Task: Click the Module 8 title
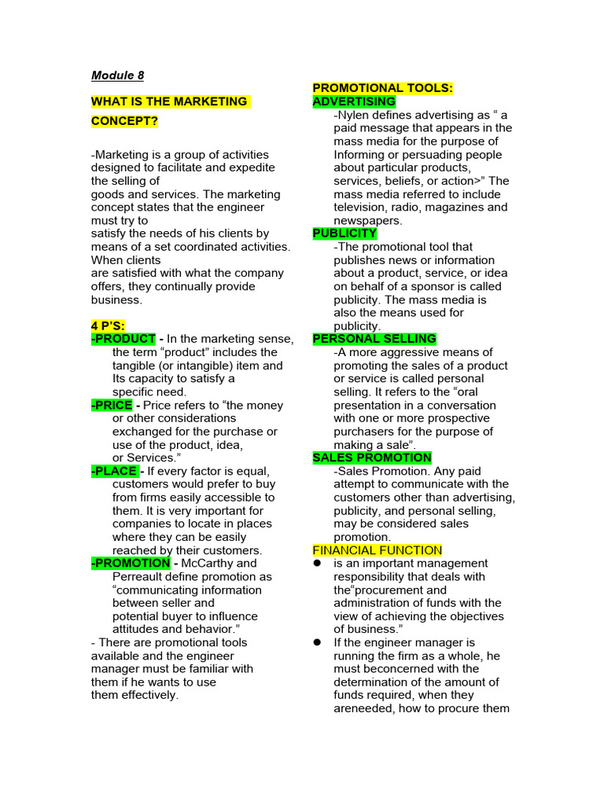tap(117, 75)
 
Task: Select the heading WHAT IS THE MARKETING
tap(170, 101)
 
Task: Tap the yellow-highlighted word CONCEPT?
tap(124, 122)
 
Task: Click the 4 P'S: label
tap(109, 325)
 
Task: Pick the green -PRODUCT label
tap(123, 339)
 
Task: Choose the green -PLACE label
tap(115, 471)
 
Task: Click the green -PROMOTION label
tap(131, 563)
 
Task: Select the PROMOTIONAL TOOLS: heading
tap(382, 88)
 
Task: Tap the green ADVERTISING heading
tap(354, 101)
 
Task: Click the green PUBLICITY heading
tap(344, 233)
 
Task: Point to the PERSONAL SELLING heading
tap(374, 339)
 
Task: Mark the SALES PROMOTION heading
tap(372, 458)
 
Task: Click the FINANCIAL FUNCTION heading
tap(377, 550)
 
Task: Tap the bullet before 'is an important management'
tap(318, 564)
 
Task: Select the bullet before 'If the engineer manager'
tap(318, 642)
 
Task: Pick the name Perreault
tap(140, 576)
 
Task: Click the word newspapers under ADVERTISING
tap(368, 221)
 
